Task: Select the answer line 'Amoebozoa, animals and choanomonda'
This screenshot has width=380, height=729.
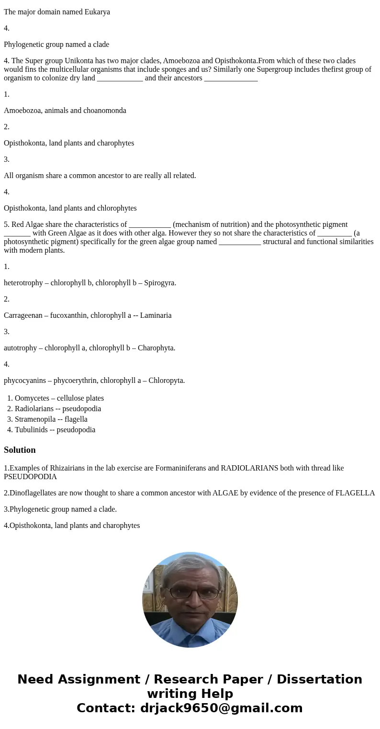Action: [x=65, y=111]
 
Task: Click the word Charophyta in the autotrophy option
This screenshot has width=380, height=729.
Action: [x=156, y=348]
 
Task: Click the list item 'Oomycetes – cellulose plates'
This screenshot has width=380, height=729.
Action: [x=59, y=398]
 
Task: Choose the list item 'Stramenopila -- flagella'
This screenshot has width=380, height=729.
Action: [x=51, y=419]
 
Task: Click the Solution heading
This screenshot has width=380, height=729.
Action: [x=20, y=450]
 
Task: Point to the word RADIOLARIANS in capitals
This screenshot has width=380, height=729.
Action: [x=249, y=468]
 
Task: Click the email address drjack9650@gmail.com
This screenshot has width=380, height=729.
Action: [x=221, y=708]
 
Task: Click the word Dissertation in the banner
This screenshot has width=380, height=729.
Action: [x=319, y=680]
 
